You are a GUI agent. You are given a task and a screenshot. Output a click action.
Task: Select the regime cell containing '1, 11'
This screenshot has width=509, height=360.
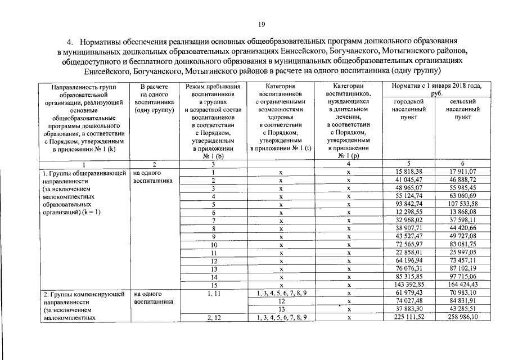[x=213, y=294]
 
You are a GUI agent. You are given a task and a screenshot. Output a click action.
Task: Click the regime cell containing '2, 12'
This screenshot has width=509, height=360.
[x=213, y=318]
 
